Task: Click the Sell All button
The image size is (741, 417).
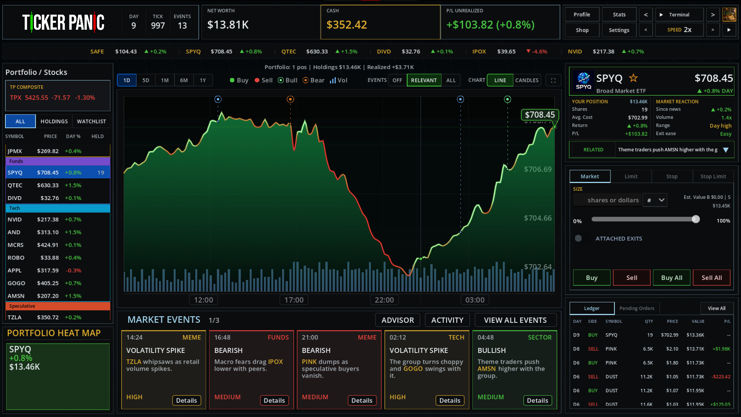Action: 712,278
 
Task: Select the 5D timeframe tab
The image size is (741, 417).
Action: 145,80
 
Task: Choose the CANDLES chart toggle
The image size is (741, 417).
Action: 527,80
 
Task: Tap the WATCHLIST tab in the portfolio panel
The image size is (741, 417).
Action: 91,121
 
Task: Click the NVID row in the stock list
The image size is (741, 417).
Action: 58,219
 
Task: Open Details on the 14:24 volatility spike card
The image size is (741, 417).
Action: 186,400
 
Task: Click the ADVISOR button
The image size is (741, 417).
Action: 398,320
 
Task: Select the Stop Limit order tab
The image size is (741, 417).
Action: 713,176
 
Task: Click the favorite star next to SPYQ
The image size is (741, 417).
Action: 633,78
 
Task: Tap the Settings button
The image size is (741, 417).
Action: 619,30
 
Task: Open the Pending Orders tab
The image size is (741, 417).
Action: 637,309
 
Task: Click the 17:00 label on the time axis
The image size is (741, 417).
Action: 294,300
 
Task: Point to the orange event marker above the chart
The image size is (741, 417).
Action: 290,100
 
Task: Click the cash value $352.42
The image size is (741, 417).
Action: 347,25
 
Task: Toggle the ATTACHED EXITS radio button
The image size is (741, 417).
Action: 578,238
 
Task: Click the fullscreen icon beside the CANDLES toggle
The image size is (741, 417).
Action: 553,80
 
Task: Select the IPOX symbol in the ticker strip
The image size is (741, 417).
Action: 479,51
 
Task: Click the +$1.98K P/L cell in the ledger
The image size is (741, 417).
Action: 721,349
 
